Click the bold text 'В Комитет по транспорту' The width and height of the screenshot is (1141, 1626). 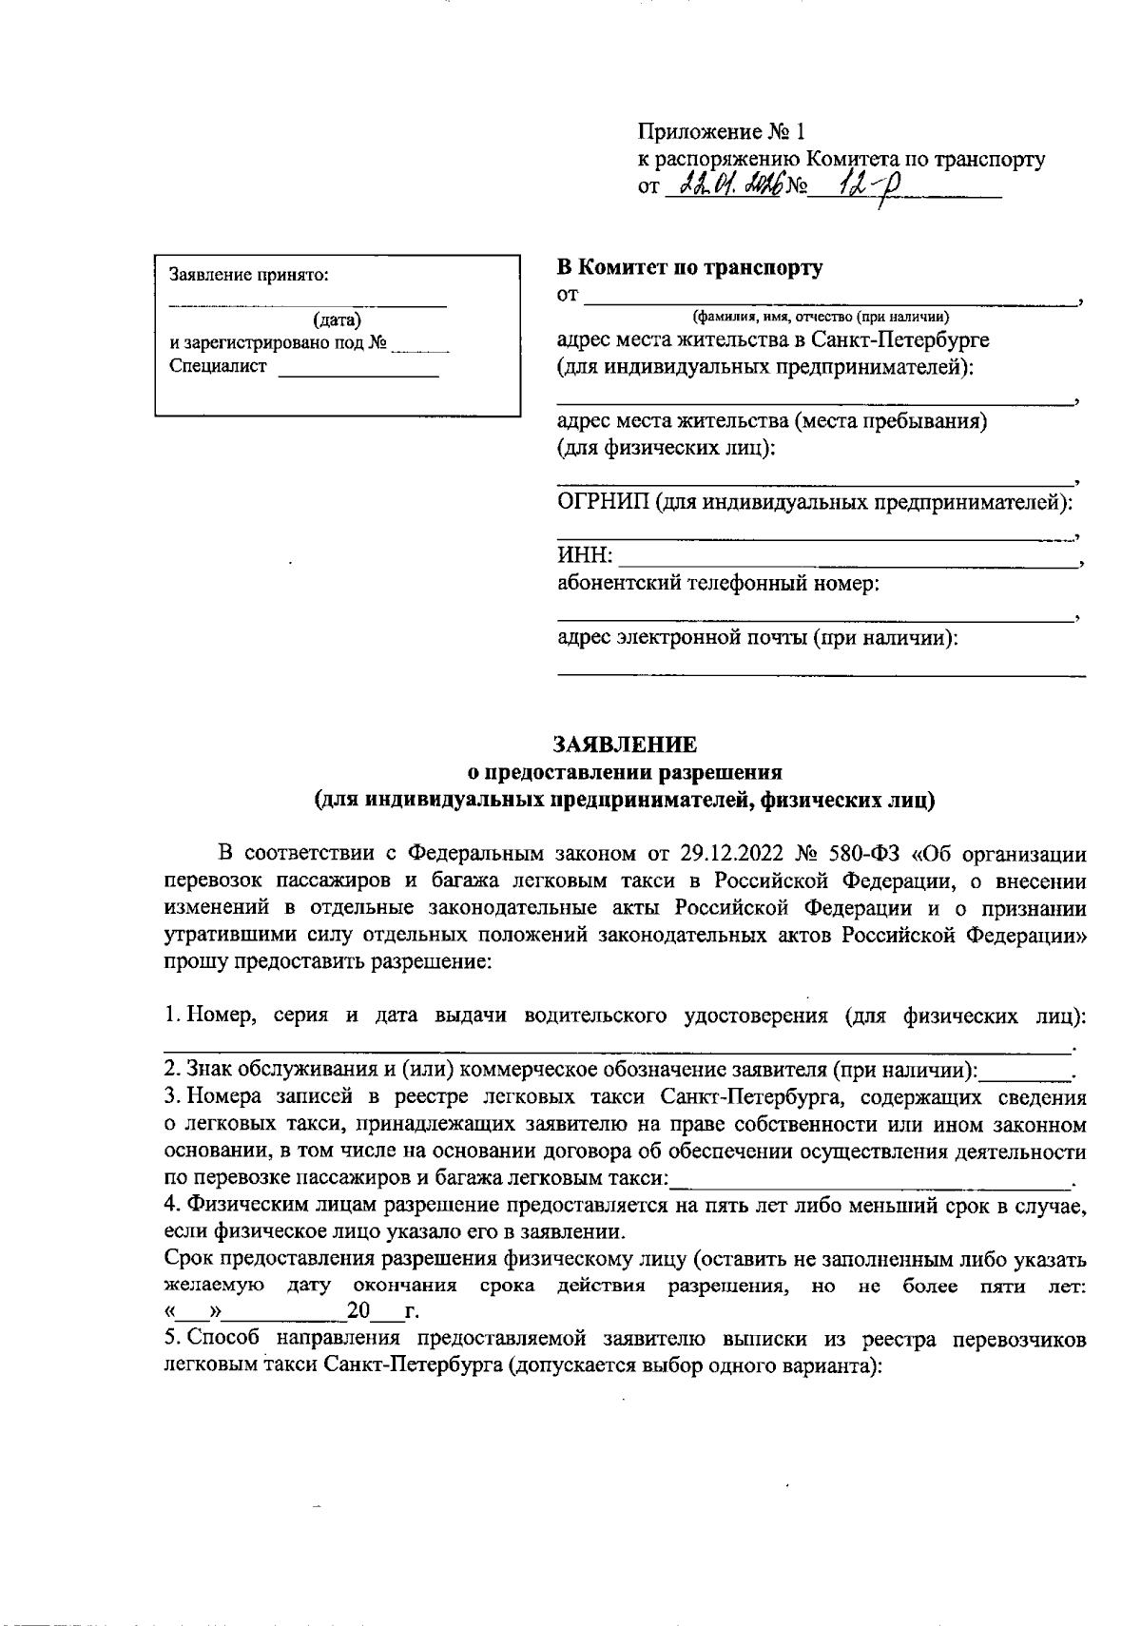coord(689,267)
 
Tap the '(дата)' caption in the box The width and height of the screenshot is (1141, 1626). coord(338,321)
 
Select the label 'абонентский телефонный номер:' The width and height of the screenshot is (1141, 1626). coord(718,583)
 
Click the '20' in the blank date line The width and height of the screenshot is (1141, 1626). coord(358,1313)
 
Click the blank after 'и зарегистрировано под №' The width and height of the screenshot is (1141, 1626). coord(419,344)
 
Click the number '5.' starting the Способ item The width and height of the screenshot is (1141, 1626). coord(172,1340)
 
